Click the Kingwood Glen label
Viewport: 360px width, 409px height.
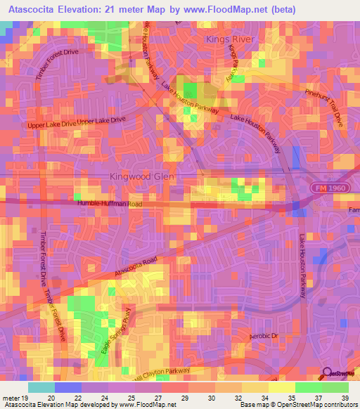tap(141, 177)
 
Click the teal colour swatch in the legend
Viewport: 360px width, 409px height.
tap(41, 387)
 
